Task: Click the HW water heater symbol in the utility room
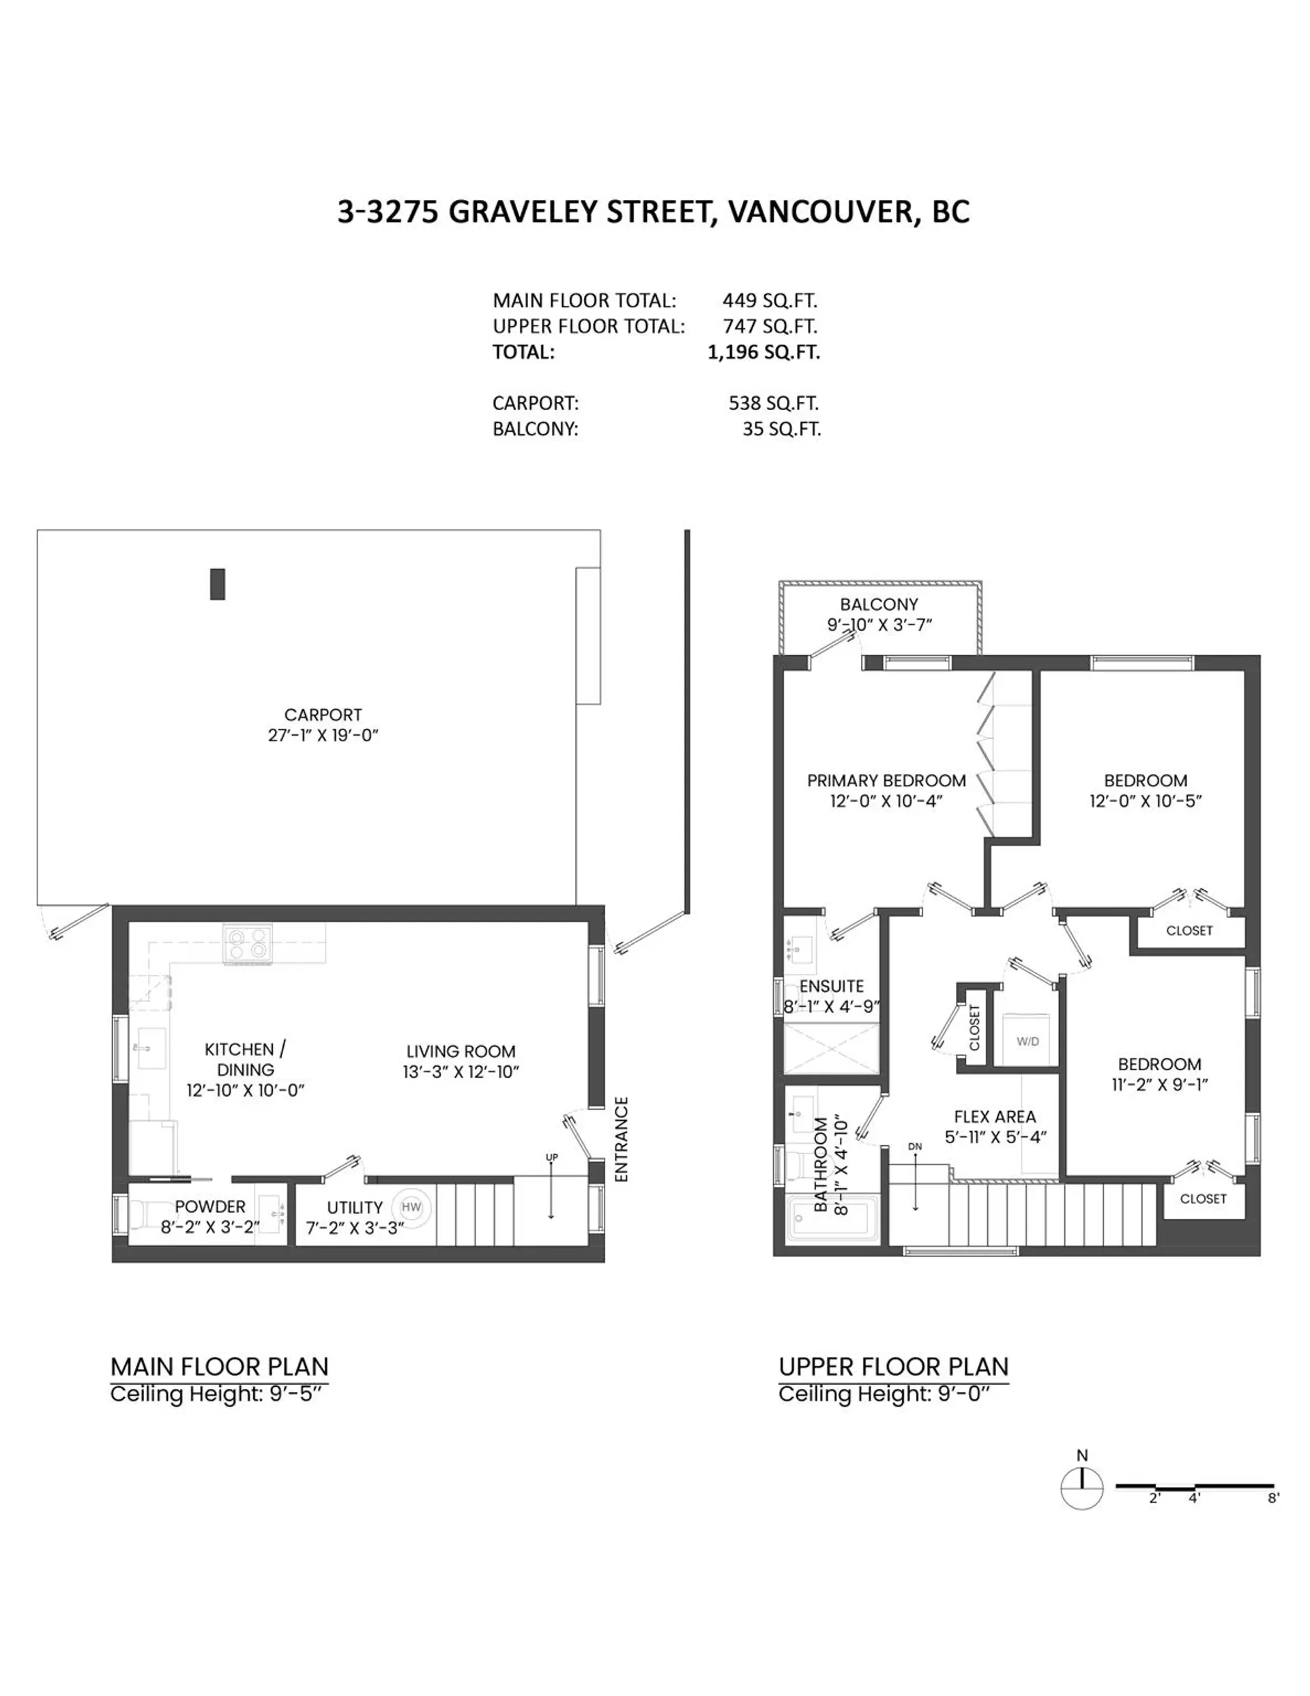(411, 1207)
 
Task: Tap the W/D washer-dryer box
(1028, 1041)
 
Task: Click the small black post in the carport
(218, 584)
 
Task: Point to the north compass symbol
(1081, 1487)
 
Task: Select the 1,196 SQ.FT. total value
(763, 351)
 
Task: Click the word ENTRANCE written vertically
(620, 1139)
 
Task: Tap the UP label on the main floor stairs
(551, 1157)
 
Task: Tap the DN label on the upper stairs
(915, 1146)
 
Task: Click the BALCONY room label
(878, 604)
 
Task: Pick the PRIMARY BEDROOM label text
(886, 781)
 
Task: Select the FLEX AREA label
(995, 1117)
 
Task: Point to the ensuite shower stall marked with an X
(832, 1048)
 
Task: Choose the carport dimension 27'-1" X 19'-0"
(322, 734)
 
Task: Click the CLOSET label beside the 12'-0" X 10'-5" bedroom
(1189, 930)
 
